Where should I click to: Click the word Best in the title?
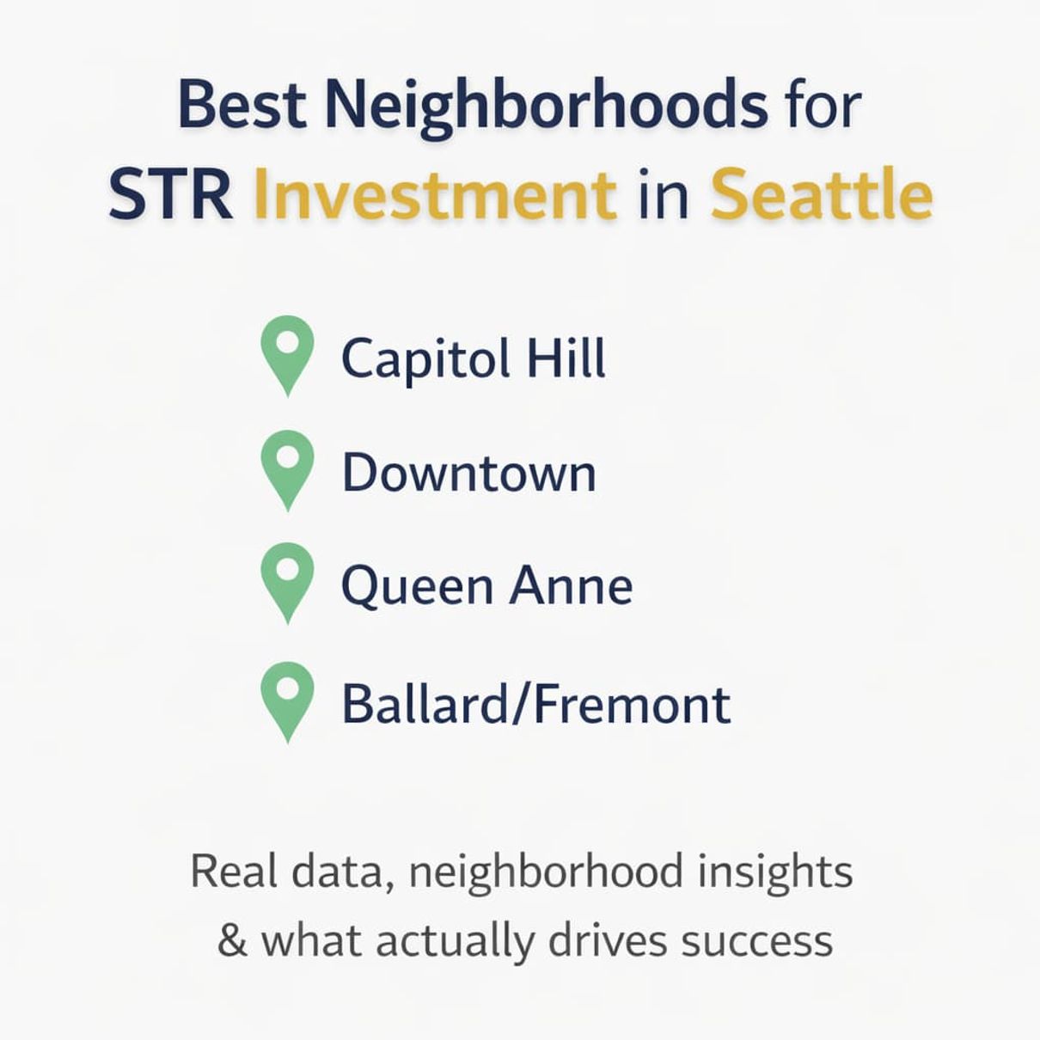pyautogui.click(x=242, y=105)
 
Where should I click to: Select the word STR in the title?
pyautogui.click(x=170, y=194)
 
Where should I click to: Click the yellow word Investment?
pyautogui.click(x=435, y=194)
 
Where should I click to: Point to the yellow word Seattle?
pyautogui.click(x=821, y=194)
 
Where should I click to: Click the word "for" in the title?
pyautogui.click(x=823, y=105)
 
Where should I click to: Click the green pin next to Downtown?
pyautogui.click(x=287, y=469)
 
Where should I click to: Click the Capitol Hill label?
pyautogui.click(x=474, y=358)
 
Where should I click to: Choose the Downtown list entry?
pyautogui.click(x=468, y=474)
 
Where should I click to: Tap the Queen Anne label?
pyautogui.click(x=486, y=587)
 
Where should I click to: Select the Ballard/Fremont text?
pyautogui.click(x=535, y=705)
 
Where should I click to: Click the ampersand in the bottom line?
pyautogui.click(x=232, y=940)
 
